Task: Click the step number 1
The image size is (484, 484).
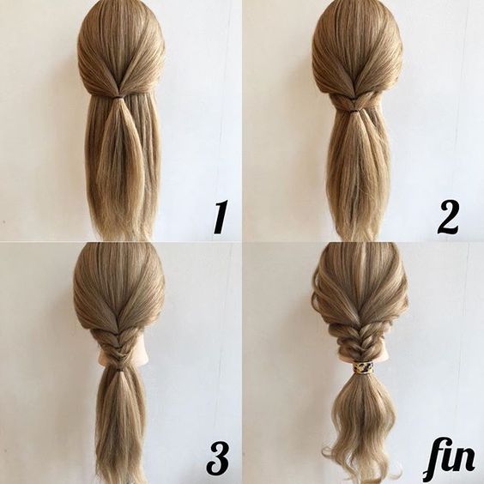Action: [221, 217]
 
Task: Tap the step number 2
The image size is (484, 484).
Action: [447, 217]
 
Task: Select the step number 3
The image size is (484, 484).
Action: [218, 459]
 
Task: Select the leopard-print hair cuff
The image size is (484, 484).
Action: [363, 367]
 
